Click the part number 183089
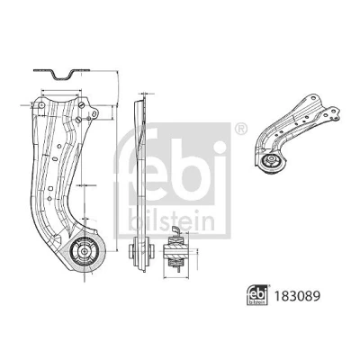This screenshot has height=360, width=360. pos(296,296)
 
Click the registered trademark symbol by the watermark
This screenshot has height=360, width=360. pos(241,129)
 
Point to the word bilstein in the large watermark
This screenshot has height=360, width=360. pos(172,220)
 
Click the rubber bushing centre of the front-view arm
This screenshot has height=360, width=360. pos(85,251)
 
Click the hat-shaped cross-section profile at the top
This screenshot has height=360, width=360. pos(61,74)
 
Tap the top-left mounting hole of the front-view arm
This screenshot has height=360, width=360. pos(41,105)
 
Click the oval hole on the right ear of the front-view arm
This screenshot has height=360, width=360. pos(94,113)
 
